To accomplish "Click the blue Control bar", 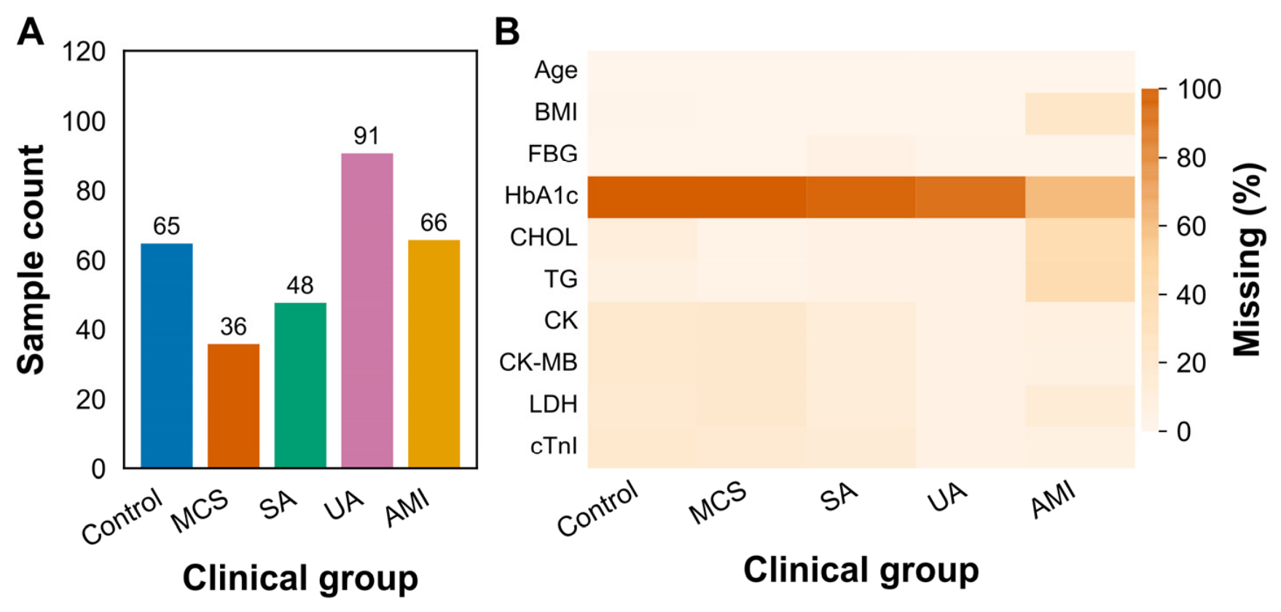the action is point(167,356).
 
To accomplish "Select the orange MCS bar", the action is point(233,406).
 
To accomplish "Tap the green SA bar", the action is point(300,385).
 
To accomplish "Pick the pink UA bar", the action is point(367,310).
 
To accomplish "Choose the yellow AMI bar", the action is point(434,354).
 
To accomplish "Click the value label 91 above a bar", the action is point(367,136).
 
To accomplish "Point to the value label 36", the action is point(233,326).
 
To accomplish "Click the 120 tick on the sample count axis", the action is point(84,52).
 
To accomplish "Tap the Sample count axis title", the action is point(31,259).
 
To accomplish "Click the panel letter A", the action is point(31,32).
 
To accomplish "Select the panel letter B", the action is point(507,32).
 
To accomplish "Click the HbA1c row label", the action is point(541,195).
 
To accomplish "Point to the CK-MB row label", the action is point(538,362).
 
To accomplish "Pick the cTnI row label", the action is point(554,445).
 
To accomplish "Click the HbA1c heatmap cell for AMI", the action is point(1080,197).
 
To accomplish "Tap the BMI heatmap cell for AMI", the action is point(1080,114).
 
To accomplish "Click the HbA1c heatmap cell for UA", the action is point(971,197).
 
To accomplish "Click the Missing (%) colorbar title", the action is point(1248,259).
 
